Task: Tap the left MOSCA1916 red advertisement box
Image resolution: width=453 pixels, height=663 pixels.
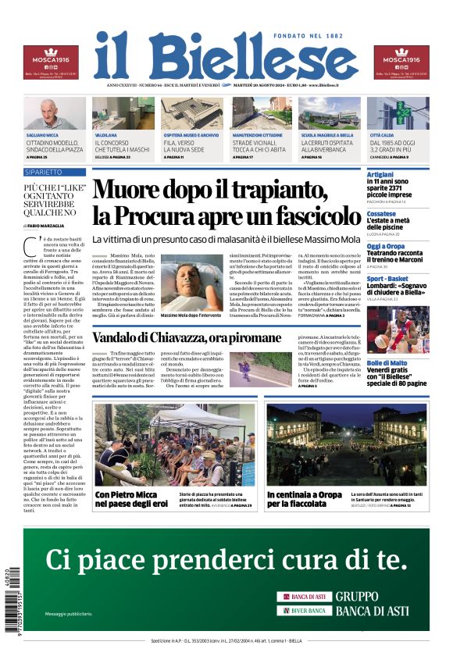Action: point(50,62)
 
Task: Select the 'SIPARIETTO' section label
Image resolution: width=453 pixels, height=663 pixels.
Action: point(44,171)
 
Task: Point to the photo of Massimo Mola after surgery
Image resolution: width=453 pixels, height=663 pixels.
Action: point(192,282)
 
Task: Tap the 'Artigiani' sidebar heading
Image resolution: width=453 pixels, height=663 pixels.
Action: point(380,175)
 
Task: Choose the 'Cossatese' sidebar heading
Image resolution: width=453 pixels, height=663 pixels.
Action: point(382,213)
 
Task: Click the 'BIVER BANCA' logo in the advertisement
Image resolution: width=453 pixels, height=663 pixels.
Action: point(305,610)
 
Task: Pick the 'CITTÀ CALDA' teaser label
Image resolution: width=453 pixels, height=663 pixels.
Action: point(382,135)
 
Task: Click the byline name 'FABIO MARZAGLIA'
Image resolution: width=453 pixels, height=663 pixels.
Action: point(53,226)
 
